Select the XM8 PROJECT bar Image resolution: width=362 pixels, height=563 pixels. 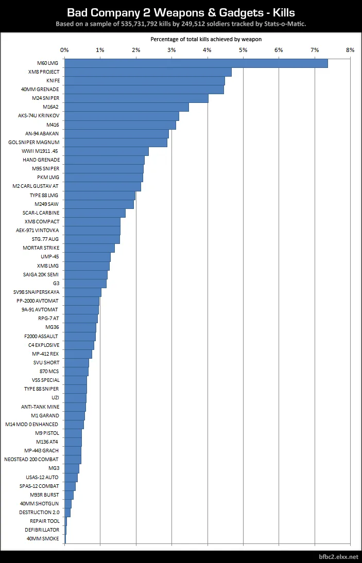(x=148, y=72)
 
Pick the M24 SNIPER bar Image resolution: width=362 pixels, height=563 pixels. (x=136, y=98)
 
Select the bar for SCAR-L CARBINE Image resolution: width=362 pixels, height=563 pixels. (x=95, y=213)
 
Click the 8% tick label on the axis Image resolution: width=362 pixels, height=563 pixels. (x=350, y=50)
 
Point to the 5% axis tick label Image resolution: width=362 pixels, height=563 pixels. (x=243, y=50)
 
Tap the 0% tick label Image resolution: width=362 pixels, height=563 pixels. (x=64, y=50)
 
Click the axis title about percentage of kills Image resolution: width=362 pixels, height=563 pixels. (x=206, y=39)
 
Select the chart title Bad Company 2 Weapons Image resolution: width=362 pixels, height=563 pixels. (x=181, y=11)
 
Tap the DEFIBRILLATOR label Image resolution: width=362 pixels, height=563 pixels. (x=42, y=530)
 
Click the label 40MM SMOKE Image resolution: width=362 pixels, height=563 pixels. (x=43, y=538)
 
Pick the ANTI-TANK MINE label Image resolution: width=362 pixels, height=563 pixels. (x=40, y=407)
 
